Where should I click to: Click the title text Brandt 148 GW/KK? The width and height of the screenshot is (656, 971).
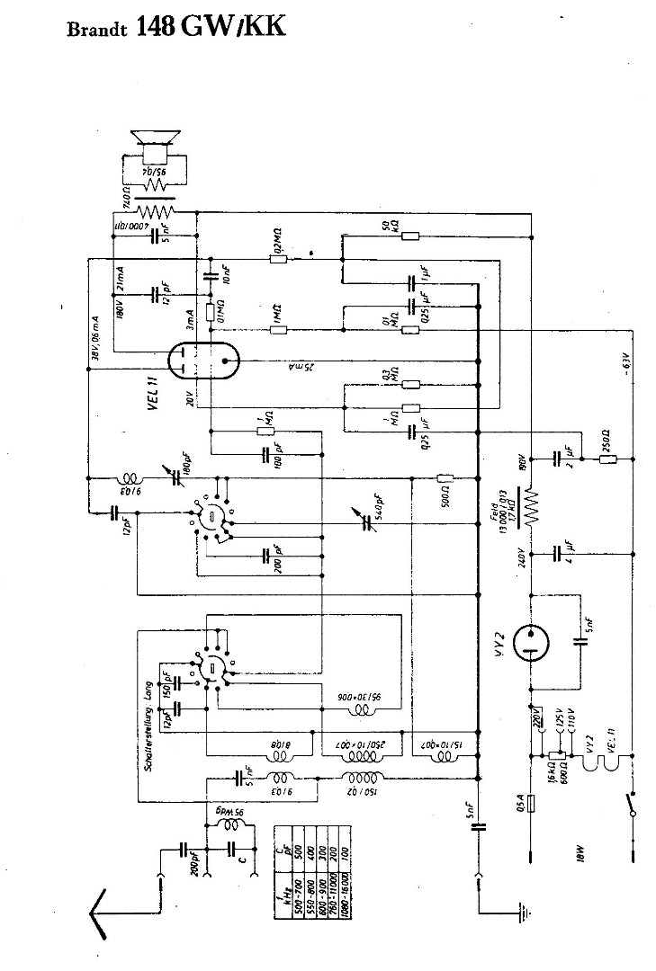click(x=176, y=27)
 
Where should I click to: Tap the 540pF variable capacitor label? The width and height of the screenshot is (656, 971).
click(x=381, y=508)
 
